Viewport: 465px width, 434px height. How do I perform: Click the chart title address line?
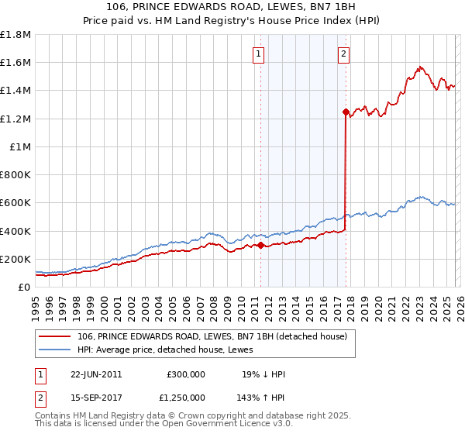232,8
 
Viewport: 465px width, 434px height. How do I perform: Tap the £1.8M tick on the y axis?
15,35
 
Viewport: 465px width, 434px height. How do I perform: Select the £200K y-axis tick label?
15,259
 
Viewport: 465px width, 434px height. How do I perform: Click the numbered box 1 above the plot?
258,54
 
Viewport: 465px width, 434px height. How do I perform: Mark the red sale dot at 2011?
260,245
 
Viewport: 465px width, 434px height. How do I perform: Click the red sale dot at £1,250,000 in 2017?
346,112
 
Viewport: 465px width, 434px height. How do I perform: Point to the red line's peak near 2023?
419,67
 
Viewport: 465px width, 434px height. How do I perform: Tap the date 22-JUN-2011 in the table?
96,374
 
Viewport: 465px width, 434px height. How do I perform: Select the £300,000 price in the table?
186,374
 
